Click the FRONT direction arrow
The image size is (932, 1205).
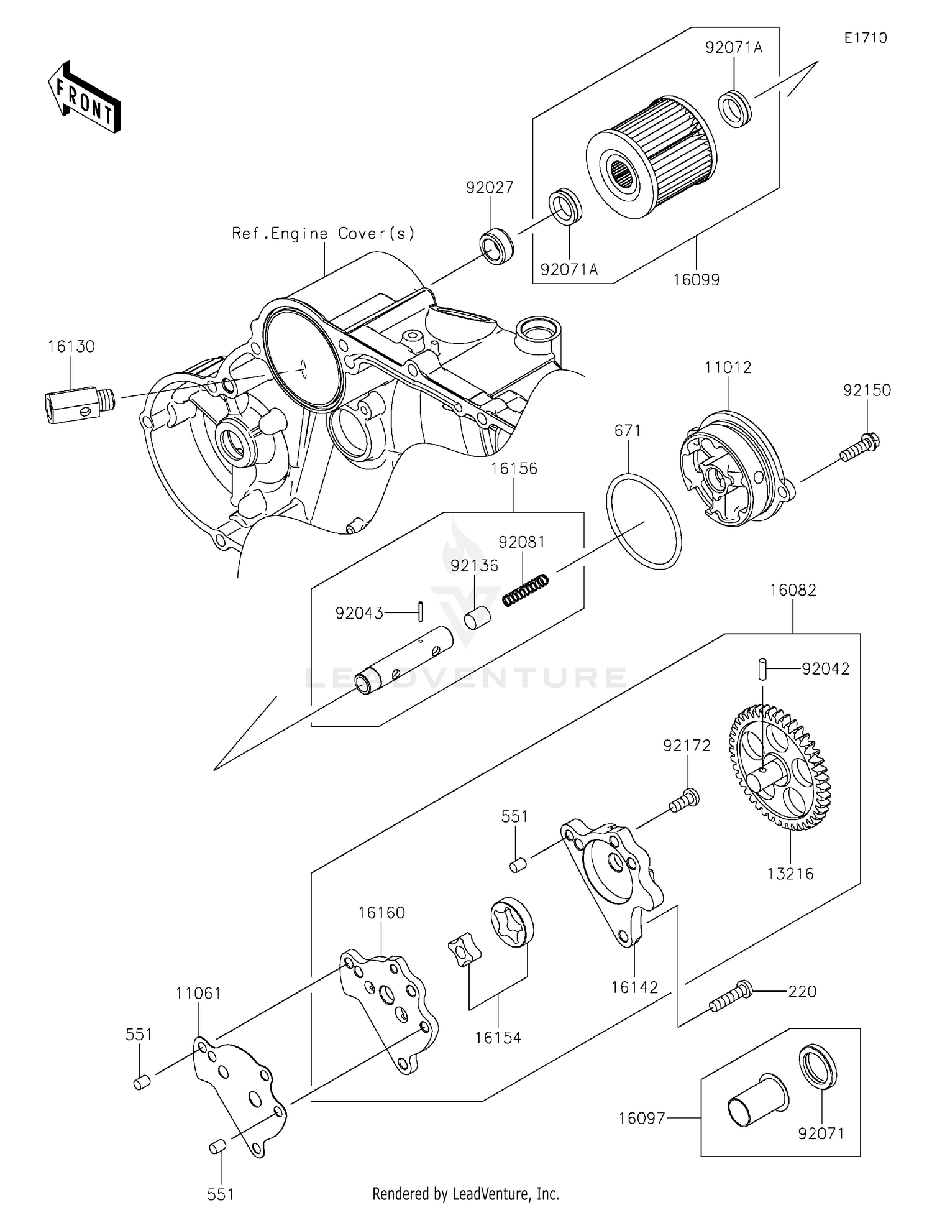84,97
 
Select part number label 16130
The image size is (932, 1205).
71,347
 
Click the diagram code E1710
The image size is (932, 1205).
866,38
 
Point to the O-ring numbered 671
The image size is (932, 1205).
644,521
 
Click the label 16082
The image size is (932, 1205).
793,590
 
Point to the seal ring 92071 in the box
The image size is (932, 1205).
818,1067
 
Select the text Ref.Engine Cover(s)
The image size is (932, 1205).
323,234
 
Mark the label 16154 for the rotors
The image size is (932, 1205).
498,1038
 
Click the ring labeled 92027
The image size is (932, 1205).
497,246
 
